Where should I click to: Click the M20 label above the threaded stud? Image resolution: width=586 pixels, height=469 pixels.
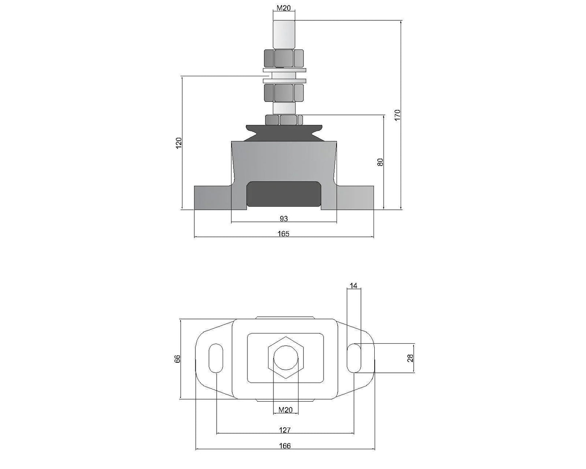point(284,8)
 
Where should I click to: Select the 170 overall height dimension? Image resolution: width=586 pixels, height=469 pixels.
point(397,115)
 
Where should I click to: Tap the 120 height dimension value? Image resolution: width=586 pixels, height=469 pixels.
point(179,143)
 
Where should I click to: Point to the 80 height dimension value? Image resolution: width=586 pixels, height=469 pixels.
point(380,162)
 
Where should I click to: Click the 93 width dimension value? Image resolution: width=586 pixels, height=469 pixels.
point(284,219)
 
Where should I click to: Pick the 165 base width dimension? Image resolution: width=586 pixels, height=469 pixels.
point(284,234)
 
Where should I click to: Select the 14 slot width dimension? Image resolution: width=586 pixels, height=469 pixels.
point(354,286)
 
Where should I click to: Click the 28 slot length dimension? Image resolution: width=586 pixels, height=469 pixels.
point(410,358)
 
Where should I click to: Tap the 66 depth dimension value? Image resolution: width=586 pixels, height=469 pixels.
point(177,359)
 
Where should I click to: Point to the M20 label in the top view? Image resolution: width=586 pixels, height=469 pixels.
point(285,410)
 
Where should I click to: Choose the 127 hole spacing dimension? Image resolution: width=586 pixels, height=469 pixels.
point(285,430)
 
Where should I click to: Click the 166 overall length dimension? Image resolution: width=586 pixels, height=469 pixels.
point(285,446)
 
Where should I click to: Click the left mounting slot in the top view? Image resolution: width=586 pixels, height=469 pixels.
point(216,358)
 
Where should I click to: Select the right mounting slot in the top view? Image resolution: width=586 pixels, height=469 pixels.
point(354,358)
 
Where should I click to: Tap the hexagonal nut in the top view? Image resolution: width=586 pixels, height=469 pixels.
point(286,358)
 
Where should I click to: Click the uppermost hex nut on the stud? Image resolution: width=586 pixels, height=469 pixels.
point(284,58)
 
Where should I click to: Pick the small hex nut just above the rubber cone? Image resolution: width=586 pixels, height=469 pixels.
point(284,120)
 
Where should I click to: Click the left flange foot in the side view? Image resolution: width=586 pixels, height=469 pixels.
point(212,198)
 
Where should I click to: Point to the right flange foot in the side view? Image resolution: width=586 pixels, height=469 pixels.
point(355,198)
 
